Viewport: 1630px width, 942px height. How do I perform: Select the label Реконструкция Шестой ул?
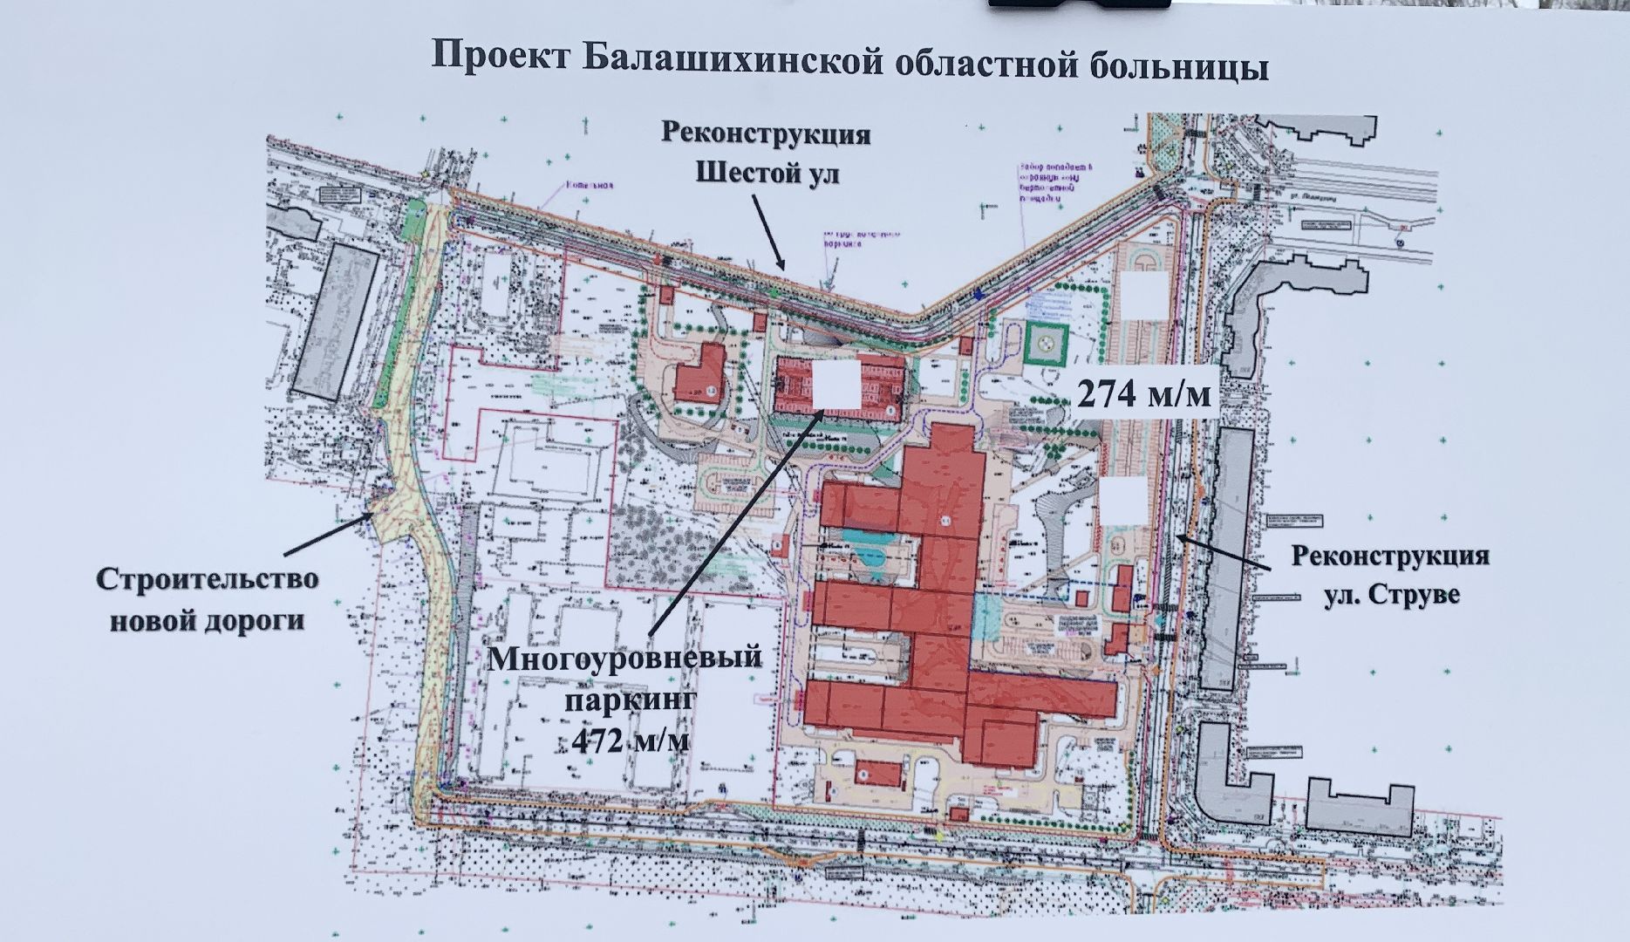767,154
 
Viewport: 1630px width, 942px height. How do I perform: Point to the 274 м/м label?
1144,394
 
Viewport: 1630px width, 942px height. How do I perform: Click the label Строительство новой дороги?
207,599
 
